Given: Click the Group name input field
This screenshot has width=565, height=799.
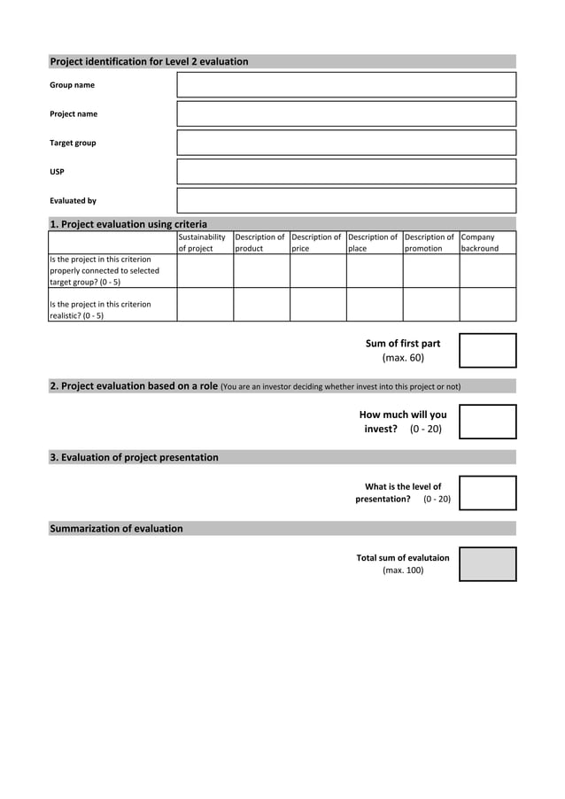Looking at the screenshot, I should click(x=346, y=85).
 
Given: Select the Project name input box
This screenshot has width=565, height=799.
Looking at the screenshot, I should click(x=346, y=113).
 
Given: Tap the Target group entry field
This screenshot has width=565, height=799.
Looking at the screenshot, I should click(x=346, y=143).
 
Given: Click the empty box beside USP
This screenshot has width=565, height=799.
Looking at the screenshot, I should click(x=346, y=171).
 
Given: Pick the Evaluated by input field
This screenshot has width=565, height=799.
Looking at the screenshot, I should click(x=346, y=200).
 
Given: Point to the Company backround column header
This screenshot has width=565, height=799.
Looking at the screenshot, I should click(x=487, y=243).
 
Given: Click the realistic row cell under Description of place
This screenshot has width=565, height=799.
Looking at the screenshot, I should click(x=375, y=304).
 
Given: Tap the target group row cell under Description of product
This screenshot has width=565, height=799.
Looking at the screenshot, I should click(x=261, y=270).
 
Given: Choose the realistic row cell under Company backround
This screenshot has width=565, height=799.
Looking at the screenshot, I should click(x=487, y=304).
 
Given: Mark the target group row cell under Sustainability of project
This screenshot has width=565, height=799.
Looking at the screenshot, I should click(x=205, y=270).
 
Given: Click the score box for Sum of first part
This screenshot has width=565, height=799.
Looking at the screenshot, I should click(x=487, y=350).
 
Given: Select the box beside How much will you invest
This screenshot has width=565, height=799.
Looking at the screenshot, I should click(x=487, y=422).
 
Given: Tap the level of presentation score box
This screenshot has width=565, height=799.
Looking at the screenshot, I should click(x=487, y=493).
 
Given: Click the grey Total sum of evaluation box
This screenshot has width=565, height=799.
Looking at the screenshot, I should click(x=487, y=564).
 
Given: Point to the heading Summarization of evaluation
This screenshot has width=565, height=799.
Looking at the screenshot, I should click(x=116, y=529).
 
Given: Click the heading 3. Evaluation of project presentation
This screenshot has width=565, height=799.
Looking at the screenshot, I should click(x=134, y=458).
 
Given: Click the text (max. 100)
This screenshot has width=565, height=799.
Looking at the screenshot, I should click(x=403, y=570).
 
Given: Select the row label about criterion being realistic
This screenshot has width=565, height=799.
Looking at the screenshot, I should click(x=100, y=309).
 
